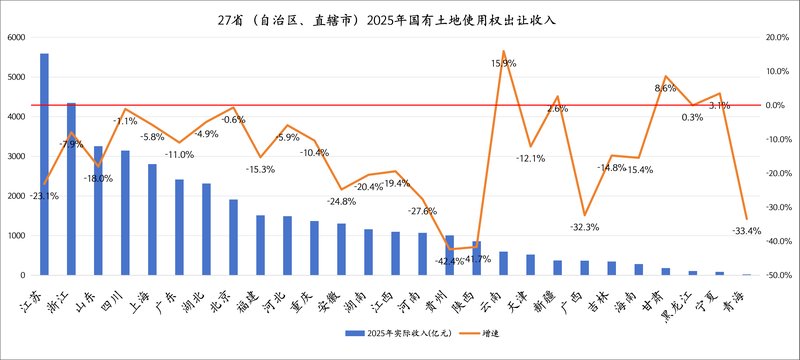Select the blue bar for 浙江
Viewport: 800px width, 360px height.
[x=71, y=189]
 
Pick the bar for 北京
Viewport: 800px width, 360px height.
[x=233, y=237]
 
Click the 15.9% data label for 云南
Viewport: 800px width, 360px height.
[x=503, y=63]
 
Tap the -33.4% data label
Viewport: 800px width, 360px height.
[x=746, y=231]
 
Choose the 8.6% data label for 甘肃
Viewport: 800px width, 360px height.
[x=665, y=88]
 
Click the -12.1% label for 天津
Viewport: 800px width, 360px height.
[x=530, y=158]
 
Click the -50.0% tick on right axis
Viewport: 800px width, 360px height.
[x=776, y=274]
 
